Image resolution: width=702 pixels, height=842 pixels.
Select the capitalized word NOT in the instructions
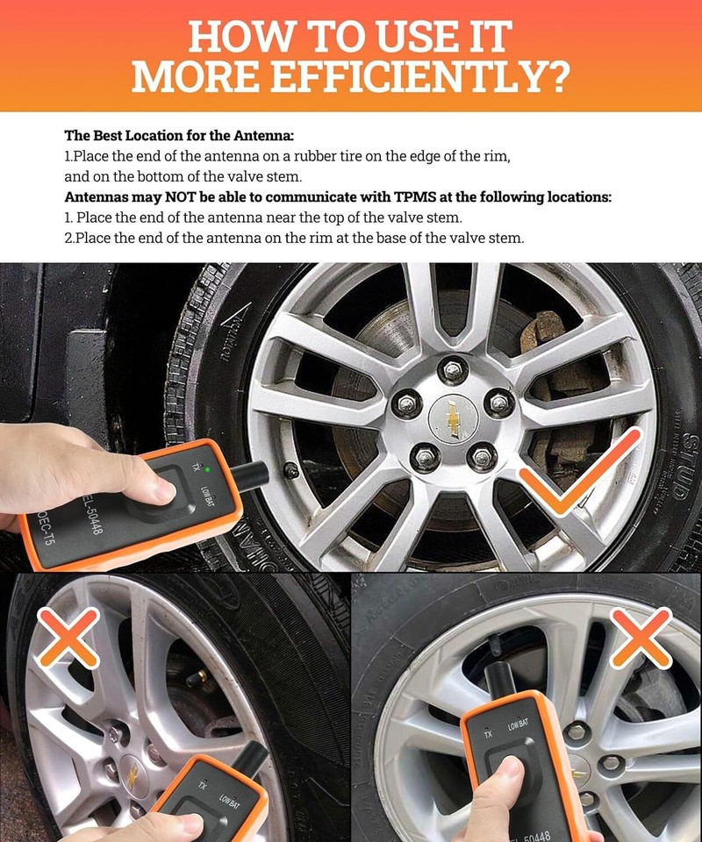click(204, 197)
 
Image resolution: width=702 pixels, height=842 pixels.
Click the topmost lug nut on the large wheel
click(453, 370)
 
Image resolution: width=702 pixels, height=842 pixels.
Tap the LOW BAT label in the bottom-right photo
click(518, 724)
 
